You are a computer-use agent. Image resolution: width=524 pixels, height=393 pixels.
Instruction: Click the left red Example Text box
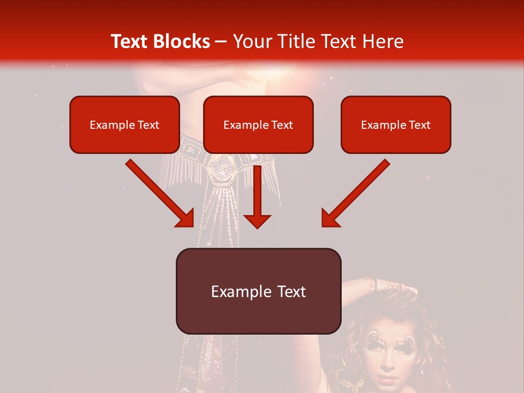pos(124,124)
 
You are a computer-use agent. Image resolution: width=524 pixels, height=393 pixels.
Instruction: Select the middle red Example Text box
pos(258,124)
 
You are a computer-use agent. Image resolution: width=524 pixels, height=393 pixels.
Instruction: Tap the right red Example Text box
pos(396,124)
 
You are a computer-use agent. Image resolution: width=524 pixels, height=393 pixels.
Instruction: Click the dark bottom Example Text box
pos(258,291)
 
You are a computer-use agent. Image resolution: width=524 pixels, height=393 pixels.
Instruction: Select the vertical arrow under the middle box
pos(257,196)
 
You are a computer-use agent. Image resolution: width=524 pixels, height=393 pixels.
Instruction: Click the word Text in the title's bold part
pos(130,41)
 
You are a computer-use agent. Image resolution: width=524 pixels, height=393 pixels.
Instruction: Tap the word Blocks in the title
pos(181,41)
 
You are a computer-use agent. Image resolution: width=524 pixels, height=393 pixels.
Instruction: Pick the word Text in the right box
pos(420,125)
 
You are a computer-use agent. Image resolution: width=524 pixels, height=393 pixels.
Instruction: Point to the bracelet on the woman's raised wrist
pos(371,284)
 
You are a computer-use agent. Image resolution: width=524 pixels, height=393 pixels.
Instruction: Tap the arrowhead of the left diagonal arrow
pos(186,218)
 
